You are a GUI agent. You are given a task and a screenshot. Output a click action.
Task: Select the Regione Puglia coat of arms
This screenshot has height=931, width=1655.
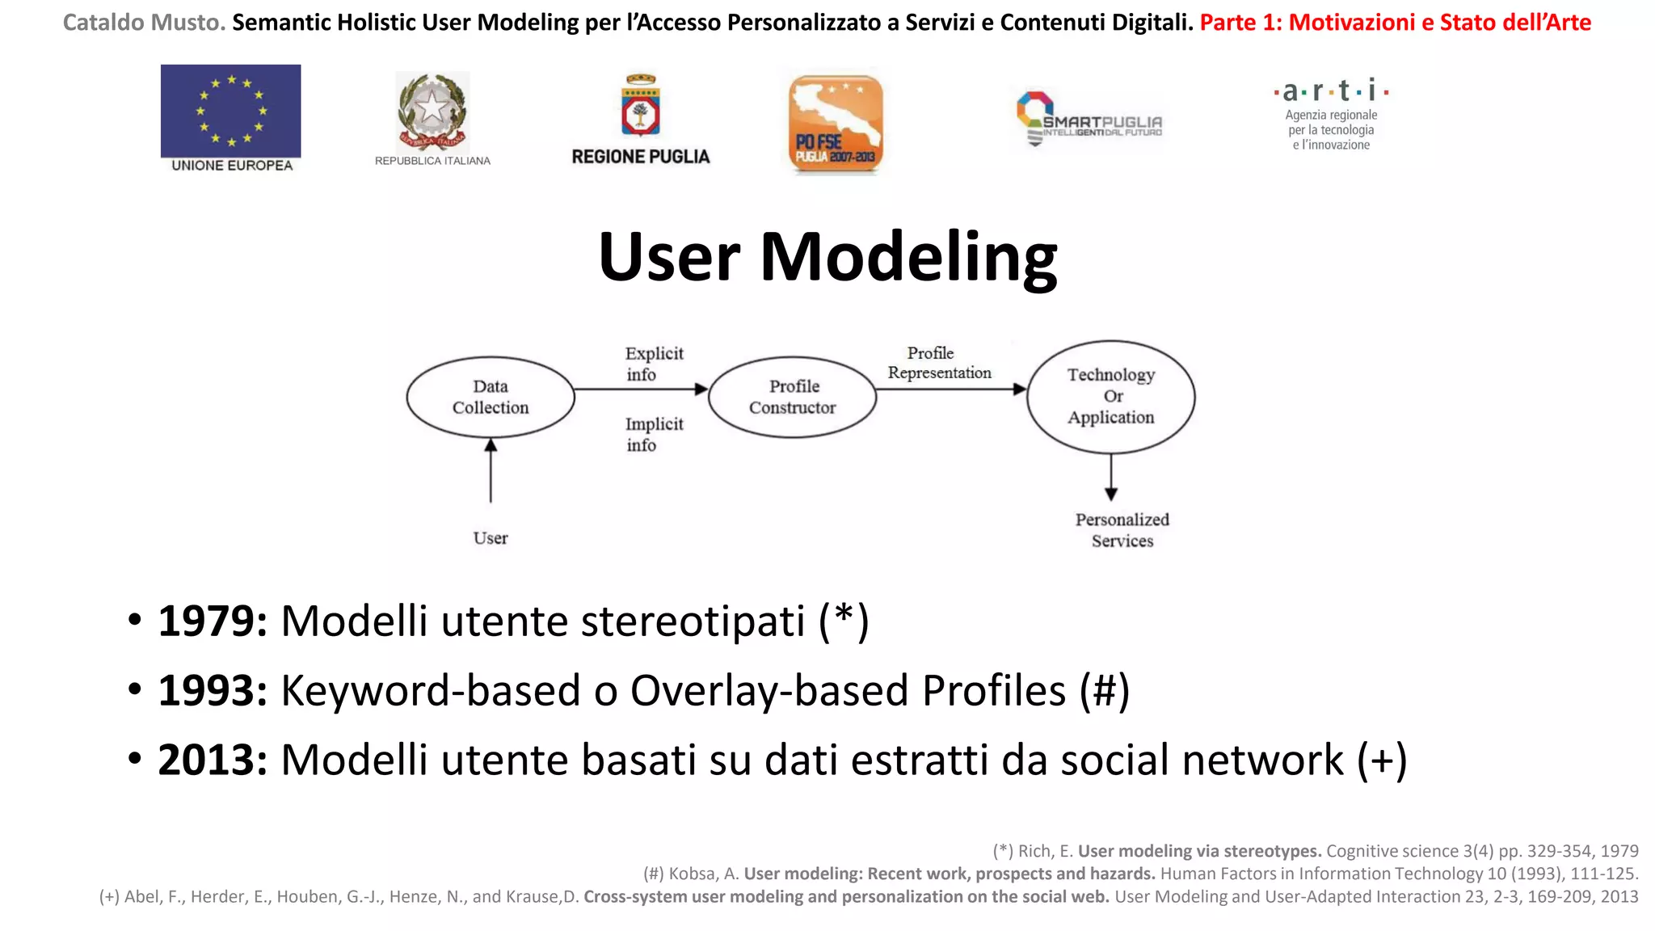641,107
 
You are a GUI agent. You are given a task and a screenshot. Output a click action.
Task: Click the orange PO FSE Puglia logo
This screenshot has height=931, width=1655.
836,124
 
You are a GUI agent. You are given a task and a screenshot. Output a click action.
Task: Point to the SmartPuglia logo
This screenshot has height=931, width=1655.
1088,120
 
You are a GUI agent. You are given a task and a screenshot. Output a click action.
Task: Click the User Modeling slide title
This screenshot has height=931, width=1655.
827,257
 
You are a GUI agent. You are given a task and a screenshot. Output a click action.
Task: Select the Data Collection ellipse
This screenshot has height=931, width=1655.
491,397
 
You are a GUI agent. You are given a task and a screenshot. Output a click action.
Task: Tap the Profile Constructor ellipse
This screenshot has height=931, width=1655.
793,397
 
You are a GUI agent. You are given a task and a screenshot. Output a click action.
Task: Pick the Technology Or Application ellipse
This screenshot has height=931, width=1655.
1111,396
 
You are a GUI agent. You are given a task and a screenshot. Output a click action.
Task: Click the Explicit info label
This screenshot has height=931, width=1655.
653,364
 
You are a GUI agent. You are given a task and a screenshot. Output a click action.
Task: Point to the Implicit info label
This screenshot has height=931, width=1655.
653,434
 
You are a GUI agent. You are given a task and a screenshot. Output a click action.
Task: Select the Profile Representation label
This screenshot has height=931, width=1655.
938,363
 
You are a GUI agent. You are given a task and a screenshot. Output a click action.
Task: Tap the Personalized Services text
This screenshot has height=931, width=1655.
1122,530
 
